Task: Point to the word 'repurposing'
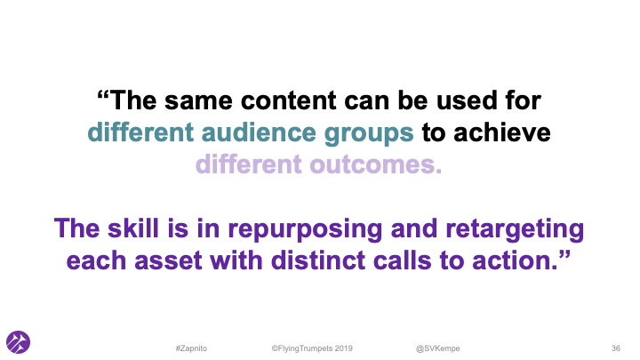288,228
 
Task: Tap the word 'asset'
194,260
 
